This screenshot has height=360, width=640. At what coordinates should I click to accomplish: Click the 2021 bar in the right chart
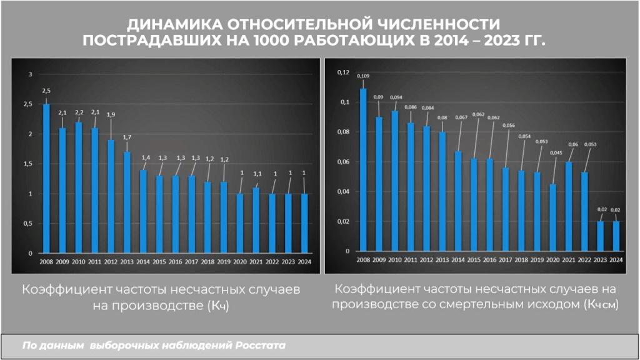(x=569, y=206)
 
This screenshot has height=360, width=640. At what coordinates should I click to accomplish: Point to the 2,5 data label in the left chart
(x=46, y=91)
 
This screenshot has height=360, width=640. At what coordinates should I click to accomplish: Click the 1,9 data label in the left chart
(x=111, y=114)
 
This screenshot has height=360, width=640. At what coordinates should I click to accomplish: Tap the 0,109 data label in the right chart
(x=363, y=76)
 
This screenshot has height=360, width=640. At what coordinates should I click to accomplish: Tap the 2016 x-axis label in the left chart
(x=175, y=262)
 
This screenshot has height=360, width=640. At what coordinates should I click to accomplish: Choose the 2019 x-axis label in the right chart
(x=537, y=259)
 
